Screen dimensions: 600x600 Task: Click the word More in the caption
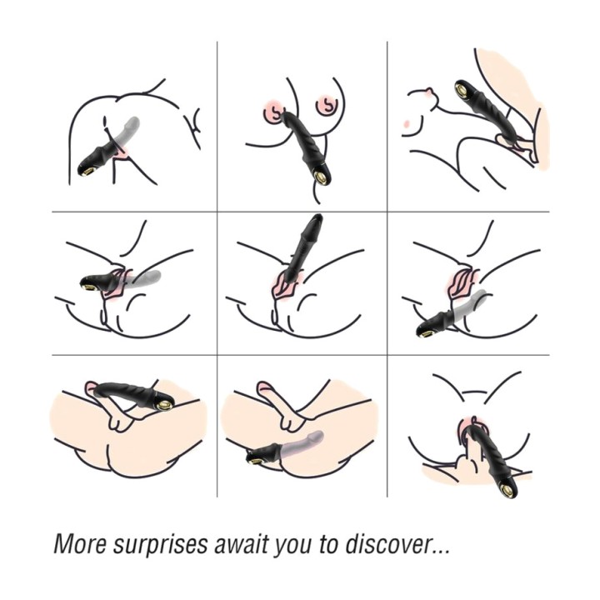click(x=79, y=543)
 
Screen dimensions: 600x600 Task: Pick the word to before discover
click(x=328, y=544)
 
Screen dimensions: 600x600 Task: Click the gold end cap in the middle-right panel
click(x=425, y=333)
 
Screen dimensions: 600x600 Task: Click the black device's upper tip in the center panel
click(x=317, y=217)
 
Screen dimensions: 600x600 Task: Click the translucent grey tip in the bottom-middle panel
click(x=318, y=435)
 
